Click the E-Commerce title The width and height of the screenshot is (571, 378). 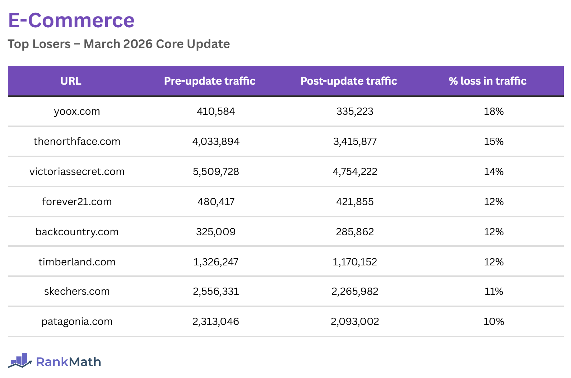pyautogui.click(x=71, y=20)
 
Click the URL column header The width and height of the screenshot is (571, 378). pyautogui.click(x=71, y=81)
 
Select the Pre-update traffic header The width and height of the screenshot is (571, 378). pyautogui.click(x=210, y=81)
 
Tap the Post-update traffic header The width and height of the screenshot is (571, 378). pyautogui.click(x=349, y=81)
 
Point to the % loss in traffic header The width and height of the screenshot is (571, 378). pyautogui.click(x=487, y=81)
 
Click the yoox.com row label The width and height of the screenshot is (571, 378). pyautogui.click(x=77, y=112)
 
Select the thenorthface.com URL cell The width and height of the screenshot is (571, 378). pyautogui.click(x=77, y=142)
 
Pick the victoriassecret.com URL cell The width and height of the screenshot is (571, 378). pyautogui.click(x=77, y=172)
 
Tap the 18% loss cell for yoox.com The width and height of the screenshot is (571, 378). pyautogui.click(x=494, y=112)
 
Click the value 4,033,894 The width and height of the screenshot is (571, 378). pyautogui.click(x=216, y=142)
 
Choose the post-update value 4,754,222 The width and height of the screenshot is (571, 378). pyautogui.click(x=355, y=172)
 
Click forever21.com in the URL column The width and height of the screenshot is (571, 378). pyautogui.click(x=77, y=202)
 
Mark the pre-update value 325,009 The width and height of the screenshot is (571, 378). pyautogui.click(x=216, y=232)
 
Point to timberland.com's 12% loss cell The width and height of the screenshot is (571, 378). pyautogui.click(x=494, y=262)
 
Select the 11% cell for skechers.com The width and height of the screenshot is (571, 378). pyautogui.click(x=494, y=292)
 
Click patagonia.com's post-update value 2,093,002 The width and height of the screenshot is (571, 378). pyautogui.click(x=355, y=322)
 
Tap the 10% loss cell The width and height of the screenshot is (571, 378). pyautogui.click(x=494, y=322)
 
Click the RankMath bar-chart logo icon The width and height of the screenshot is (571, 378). pyautogui.click(x=20, y=360)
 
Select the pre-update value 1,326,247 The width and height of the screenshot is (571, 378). pyautogui.click(x=216, y=262)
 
